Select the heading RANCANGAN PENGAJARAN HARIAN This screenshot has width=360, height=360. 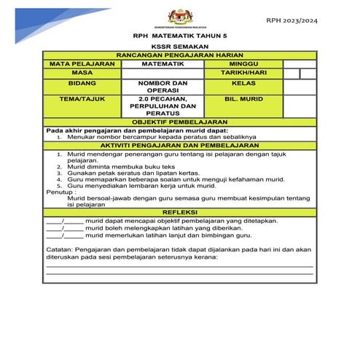[x=180, y=55]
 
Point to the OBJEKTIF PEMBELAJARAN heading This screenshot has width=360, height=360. [x=180, y=122]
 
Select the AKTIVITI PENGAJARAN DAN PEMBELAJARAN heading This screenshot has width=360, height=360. [x=180, y=146]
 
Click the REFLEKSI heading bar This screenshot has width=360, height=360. [x=180, y=211]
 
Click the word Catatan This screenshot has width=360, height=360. [x=61, y=249]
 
